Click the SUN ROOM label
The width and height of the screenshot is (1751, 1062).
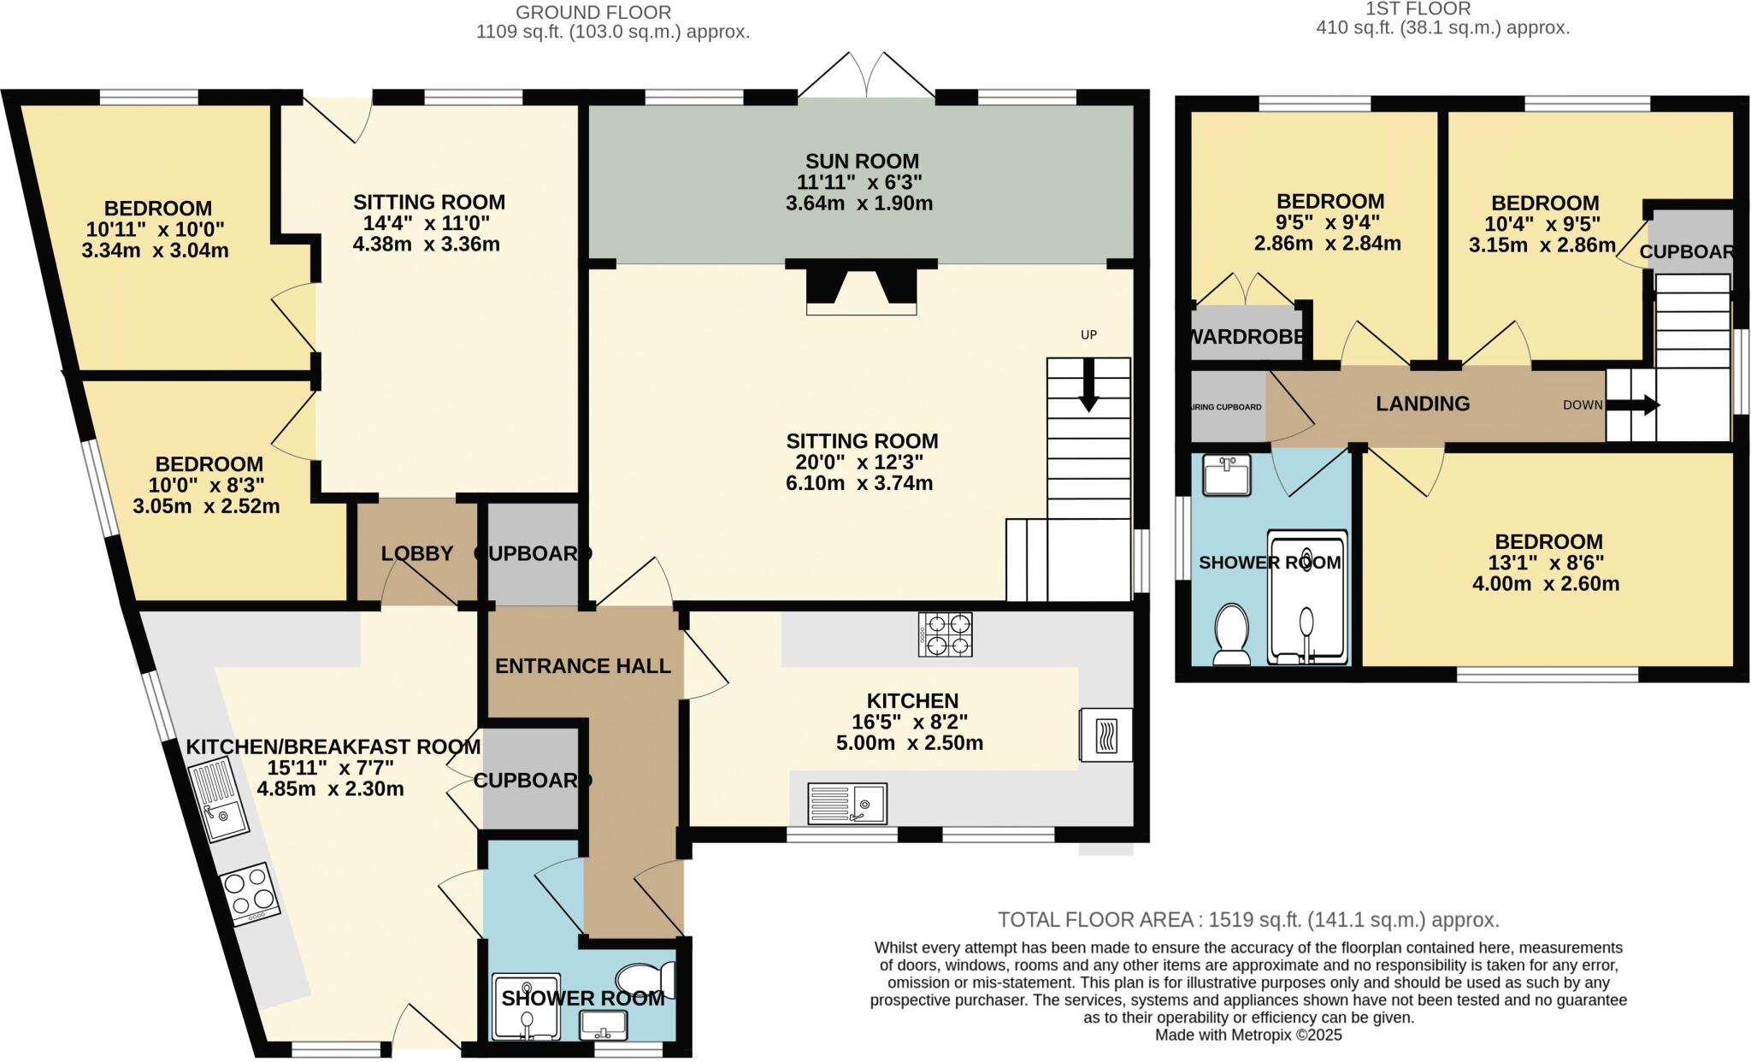pos(862,161)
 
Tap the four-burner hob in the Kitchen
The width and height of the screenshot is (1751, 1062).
pos(945,634)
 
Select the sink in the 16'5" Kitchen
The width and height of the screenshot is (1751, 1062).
pos(847,803)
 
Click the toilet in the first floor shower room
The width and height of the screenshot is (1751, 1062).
pos(1232,634)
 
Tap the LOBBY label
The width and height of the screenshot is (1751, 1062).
pos(417,553)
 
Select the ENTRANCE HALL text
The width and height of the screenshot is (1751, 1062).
pos(583,666)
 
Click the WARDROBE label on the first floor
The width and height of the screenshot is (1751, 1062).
pos(1248,336)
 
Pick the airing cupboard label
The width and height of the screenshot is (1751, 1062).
pos(1227,407)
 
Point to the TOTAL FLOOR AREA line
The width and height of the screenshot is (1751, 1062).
pos(1248,920)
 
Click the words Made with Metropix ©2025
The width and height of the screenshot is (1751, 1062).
pos(1248,1035)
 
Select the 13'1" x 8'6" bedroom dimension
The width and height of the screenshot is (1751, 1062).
pos(1548,563)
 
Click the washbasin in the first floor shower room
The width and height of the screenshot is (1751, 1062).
pos(1226,475)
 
